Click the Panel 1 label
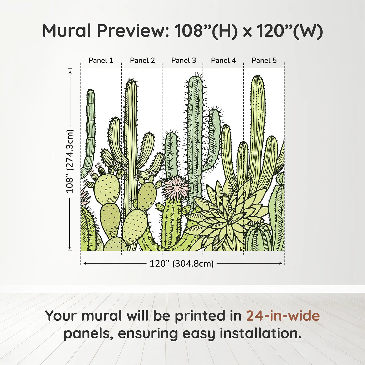click(x=101, y=60)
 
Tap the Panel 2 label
click(x=142, y=60)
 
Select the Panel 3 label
click(x=184, y=60)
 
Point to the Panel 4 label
click(x=223, y=60)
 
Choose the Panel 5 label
click(x=264, y=60)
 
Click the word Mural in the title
click(x=67, y=31)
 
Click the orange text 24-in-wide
click(x=283, y=316)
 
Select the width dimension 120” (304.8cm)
click(x=182, y=264)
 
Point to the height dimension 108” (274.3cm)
click(x=70, y=161)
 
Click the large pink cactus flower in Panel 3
click(x=176, y=187)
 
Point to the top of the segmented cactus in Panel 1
click(x=90, y=90)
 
